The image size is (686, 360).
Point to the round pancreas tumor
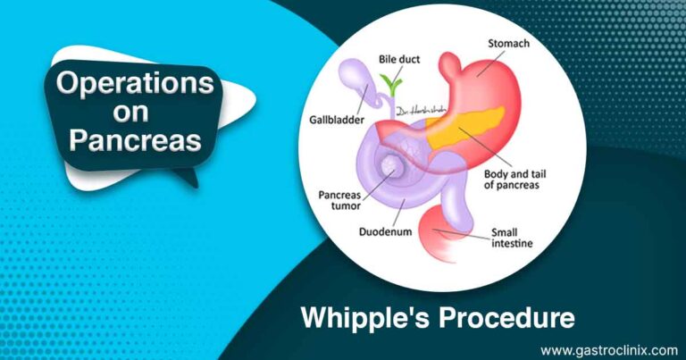point(391,164)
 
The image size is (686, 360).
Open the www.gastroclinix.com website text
point(607,348)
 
